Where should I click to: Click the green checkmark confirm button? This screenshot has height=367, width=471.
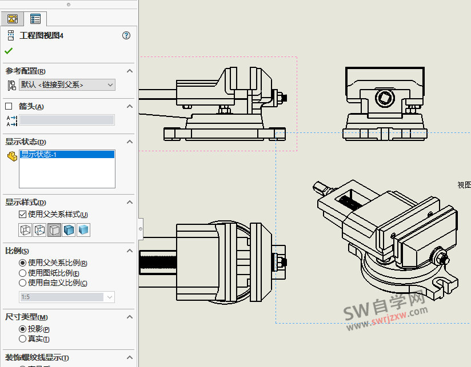9,51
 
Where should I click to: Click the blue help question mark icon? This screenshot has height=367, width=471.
126,35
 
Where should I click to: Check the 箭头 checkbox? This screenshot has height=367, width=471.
9,106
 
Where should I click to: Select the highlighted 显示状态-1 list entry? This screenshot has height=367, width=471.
67,154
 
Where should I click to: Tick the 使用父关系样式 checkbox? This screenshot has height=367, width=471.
23,215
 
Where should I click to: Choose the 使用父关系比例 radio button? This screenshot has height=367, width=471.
23,263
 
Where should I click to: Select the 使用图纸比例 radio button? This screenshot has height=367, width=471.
23,273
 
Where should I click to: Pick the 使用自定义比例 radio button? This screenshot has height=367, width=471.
23,283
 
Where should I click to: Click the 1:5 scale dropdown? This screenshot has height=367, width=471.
67,297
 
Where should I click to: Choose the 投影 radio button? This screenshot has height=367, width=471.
23,329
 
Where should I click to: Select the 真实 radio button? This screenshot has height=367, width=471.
23,338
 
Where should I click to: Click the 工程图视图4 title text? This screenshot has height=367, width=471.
42,35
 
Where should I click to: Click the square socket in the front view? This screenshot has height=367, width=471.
383,98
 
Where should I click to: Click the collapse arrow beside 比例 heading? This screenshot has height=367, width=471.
130,251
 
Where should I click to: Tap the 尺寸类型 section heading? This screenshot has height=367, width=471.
26,317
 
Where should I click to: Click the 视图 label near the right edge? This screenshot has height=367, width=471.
464,185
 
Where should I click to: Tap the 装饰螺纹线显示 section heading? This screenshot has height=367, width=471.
37,358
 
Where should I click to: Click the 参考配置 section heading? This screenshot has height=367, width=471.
26,71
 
